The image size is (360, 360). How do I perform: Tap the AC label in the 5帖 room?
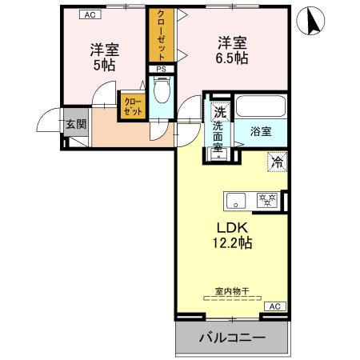tap(90, 14)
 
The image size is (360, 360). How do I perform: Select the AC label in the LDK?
tap(273, 306)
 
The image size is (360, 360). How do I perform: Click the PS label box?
tap(161, 70)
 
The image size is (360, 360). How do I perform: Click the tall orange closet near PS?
tap(160, 36)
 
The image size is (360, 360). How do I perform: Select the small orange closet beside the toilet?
tap(132, 107)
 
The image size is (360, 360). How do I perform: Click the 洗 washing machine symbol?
tap(219, 112)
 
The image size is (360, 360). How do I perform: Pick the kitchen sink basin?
tap(237, 200)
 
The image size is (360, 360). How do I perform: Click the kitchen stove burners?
tap(266, 200)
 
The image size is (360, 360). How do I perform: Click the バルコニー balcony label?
tap(231, 338)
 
